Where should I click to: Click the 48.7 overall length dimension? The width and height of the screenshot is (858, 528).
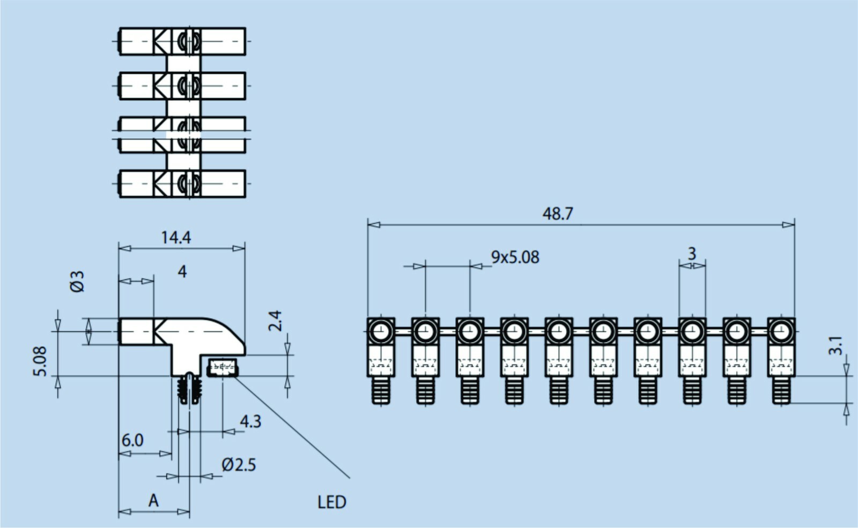point(558,214)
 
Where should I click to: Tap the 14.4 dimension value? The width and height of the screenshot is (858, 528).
point(176,238)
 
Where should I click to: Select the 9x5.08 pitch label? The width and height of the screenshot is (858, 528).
point(515,257)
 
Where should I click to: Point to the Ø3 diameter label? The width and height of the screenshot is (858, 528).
point(77,281)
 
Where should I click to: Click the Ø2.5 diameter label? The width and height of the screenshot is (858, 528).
point(239,465)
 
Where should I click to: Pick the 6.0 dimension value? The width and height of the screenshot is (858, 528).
point(132,440)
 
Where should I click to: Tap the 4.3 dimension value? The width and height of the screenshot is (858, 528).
point(250,421)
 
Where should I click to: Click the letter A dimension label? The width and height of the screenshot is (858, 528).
point(153,501)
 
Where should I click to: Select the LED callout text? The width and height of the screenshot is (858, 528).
point(332,502)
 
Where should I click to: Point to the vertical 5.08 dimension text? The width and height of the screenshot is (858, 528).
point(40,361)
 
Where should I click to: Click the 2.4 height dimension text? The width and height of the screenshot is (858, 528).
point(275,321)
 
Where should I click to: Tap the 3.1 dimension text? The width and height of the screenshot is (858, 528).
point(835,345)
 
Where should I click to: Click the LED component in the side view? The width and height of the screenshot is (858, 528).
point(223,368)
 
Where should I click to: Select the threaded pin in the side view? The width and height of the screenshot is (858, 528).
point(189,388)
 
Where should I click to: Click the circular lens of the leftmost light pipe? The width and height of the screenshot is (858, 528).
point(381,331)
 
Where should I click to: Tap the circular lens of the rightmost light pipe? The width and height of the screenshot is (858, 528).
point(781,331)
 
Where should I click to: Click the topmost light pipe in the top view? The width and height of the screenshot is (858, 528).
point(182,41)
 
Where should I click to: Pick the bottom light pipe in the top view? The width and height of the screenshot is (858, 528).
point(182,184)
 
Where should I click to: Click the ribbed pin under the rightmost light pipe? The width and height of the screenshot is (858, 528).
point(781,390)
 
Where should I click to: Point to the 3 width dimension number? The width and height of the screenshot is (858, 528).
point(692,254)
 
